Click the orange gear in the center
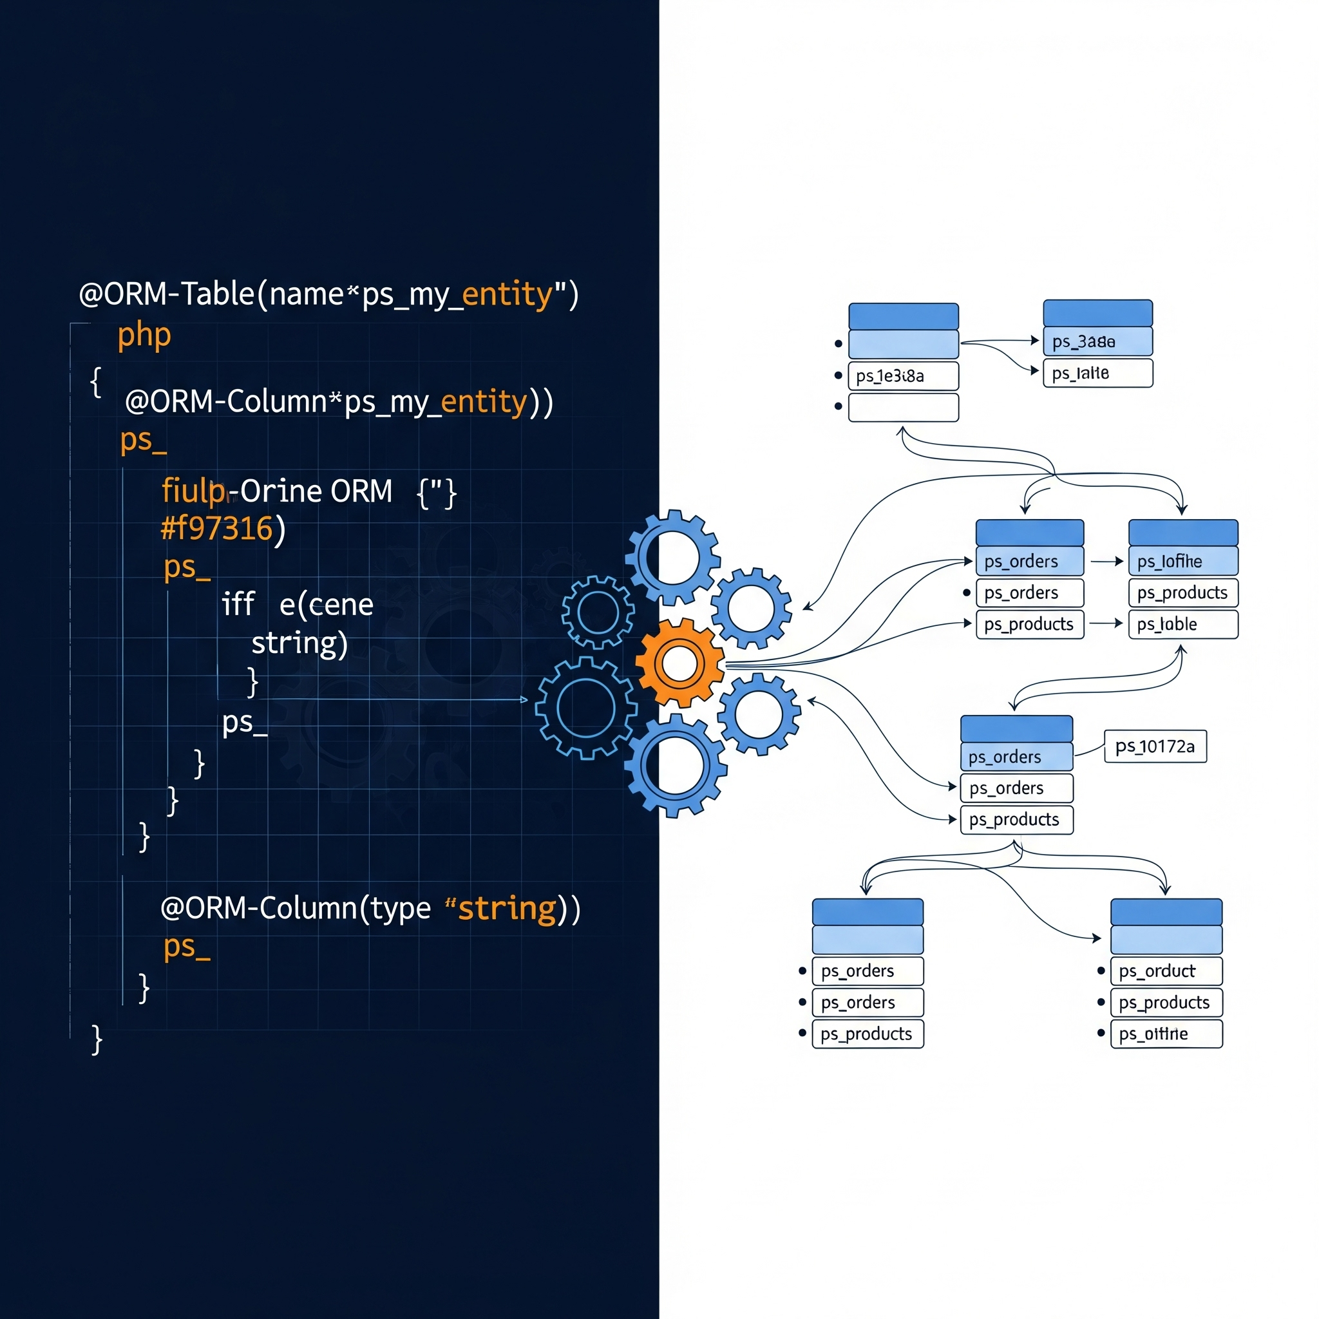pyautogui.click(x=679, y=663)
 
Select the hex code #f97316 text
pyautogui.click(x=217, y=528)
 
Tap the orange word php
pyautogui.click(x=144, y=334)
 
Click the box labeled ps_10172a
pyautogui.click(x=1155, y=746)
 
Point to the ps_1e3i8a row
pyautogui.click(x=902, y=375)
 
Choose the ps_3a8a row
pyautogui.click(x=1097, y=341)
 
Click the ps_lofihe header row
pyautogui.click(x=1182, y=561)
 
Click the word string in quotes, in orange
pyautogui.click(x=507, y=909)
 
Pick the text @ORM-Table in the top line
pyautogui.click(x=167, y=294)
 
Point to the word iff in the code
pyautogui.click(x=238, y=604)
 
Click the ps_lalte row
pyautogui.click(x=1097, y=374)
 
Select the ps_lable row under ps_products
pyautogui.click(x=1182, y=624)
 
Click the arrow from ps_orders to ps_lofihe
pyautogui.click(x=1106, y=561)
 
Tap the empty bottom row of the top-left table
pyautogui.click(x=902, y=408)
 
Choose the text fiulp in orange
pyautogui.click(x=193, y=491)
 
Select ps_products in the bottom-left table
pyautogui.click(x=867, y=1034)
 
